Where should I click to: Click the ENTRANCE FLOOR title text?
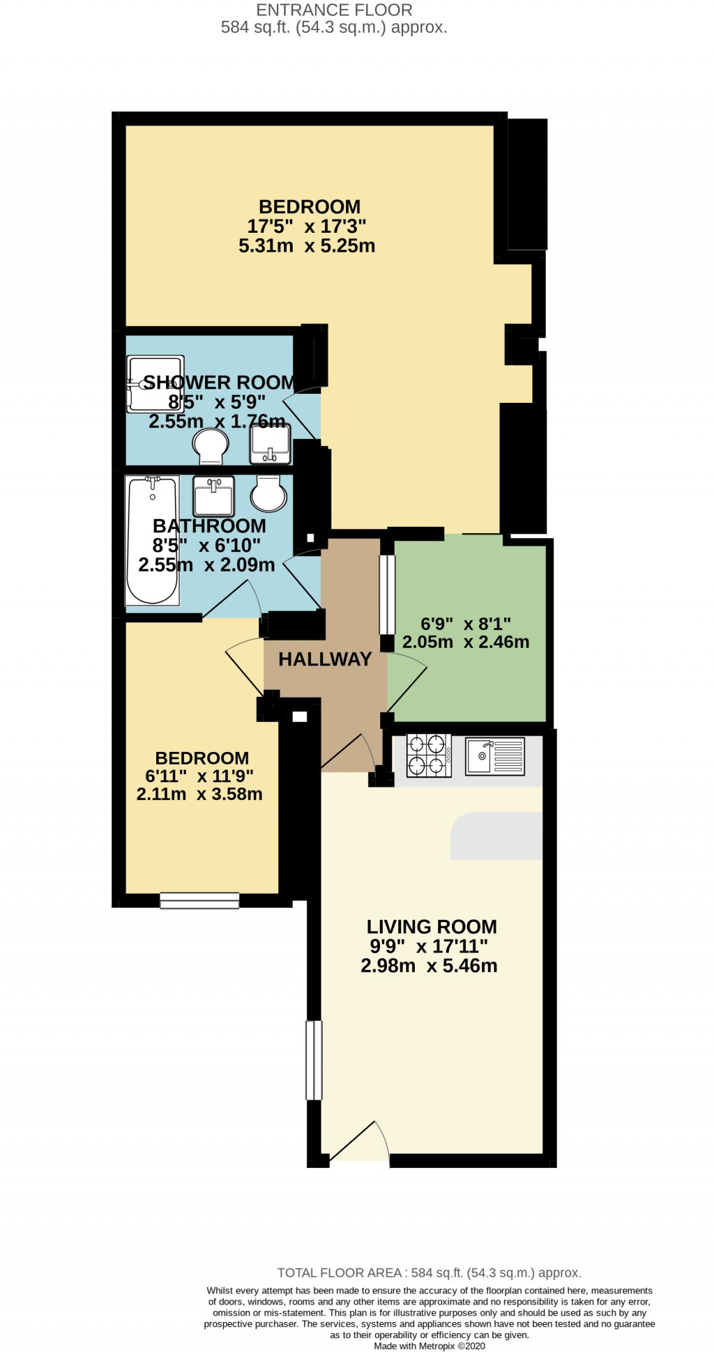coord(334,10)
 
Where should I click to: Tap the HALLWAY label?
coord(325,659)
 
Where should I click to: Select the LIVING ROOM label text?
coord(432,927)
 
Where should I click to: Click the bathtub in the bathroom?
coord(152,540)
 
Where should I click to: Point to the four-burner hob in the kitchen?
coord(428,755)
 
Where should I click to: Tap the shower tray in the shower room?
coord(155,383)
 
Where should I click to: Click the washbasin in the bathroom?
coord(213,496)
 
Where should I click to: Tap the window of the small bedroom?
coord(199,900)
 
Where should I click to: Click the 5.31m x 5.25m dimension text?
coord(307,246)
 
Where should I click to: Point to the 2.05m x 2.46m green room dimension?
coord(465,643)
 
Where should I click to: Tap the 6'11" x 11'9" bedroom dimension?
coord(199,776)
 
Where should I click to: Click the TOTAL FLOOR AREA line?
coord(429,1273)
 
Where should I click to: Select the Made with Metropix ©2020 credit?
coord(429,1346)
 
